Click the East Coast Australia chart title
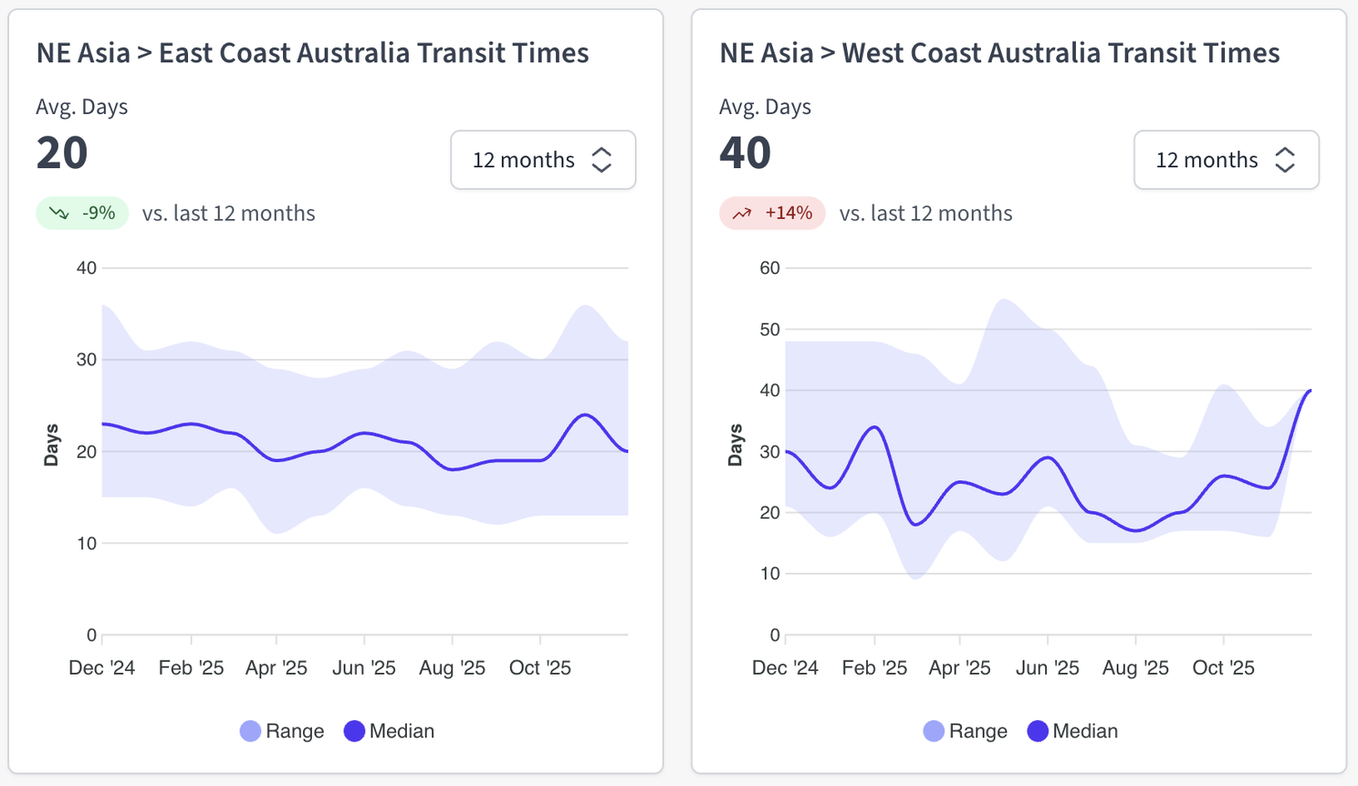[x=312, y=53]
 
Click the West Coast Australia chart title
[x=999, y=53]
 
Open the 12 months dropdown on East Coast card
[x=543, y=160]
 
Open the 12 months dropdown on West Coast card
[x=1226, y=160]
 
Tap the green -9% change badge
[x=82, y=214]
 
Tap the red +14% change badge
[x=772, y=214]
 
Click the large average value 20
[x=62, y=152]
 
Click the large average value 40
[x=745, y=152]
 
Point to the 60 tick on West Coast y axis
[x=769, y=268]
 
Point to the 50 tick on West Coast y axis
[x=769, y=330]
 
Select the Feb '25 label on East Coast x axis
[x=191, y=668]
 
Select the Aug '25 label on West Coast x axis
[x=1135, y=668]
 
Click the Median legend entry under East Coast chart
[x=390, y=731]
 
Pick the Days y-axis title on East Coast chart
[x=51, y=445]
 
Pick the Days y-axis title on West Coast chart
[x=735, y=445]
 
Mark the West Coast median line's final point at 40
[x=1311, y=391]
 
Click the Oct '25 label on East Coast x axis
[x=540, y=668]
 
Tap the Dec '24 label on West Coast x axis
[x=785, y=668]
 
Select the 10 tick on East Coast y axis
[x=86, y=544]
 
